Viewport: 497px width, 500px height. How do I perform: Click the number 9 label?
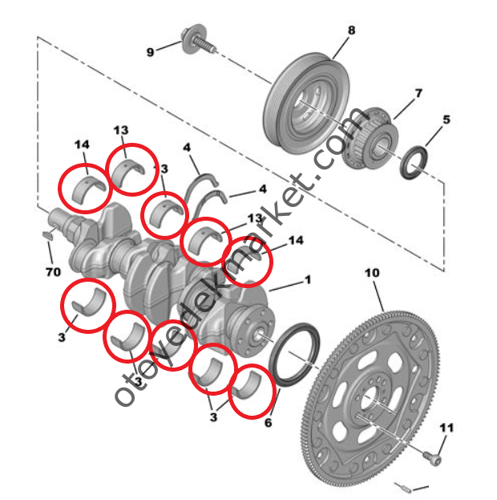[x=150, y=52]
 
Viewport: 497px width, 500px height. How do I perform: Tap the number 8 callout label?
[x=350, y=30]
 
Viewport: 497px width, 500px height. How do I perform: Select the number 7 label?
[x=418, y=94]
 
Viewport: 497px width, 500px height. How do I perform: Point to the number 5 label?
[x=446, y=120]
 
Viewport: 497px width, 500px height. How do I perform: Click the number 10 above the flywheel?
[x=372, y=273]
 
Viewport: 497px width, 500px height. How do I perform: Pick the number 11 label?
[x=446, y=426]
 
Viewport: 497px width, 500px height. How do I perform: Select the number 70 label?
[x=53, y=272]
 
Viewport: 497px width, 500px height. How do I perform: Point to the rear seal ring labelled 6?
[x=297, y=353]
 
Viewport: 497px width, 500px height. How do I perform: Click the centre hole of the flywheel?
[x=370, y=399]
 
